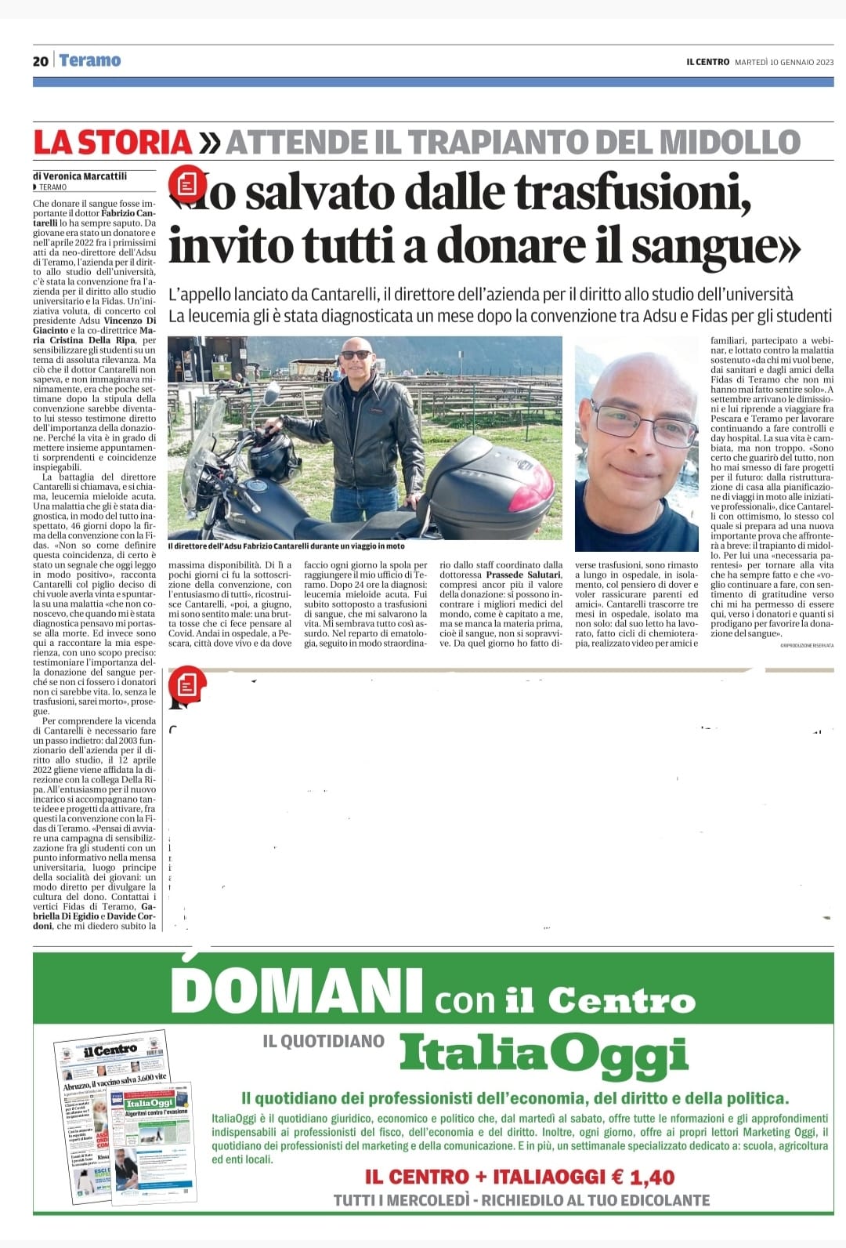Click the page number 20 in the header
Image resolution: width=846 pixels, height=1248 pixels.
[x=41, y=61]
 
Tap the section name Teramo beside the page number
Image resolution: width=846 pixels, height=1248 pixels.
[x=89, y=60]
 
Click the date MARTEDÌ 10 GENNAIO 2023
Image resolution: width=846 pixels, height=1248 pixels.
[x=784, y=62]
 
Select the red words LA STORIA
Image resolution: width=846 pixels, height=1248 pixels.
[x=113, y=142]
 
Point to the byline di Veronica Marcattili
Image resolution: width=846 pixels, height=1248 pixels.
[x=80, y=176]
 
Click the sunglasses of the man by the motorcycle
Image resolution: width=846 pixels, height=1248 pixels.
[x=357, y=355]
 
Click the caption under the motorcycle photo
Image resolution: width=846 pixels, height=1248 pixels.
[x=286, y=546]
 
